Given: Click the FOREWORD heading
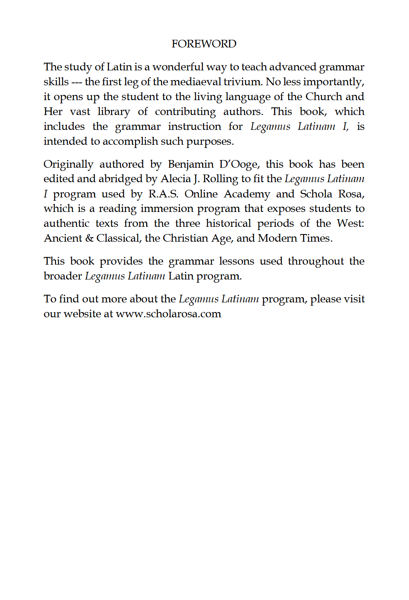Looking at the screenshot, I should click(204, 44).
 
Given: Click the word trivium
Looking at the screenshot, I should click(242, 82).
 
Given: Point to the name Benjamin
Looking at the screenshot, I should click(190, 164).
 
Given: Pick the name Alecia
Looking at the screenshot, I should click(177, 179).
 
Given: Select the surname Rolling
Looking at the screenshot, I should click(220, 179).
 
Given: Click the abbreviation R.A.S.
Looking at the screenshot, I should click(163, 194).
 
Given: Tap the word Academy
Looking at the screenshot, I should click(247, 194).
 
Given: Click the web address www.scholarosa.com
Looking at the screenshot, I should click(168, 314).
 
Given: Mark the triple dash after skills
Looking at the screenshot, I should click(76, 82).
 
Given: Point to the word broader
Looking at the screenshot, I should click(63, 276).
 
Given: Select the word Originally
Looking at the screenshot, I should click(68, 164).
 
